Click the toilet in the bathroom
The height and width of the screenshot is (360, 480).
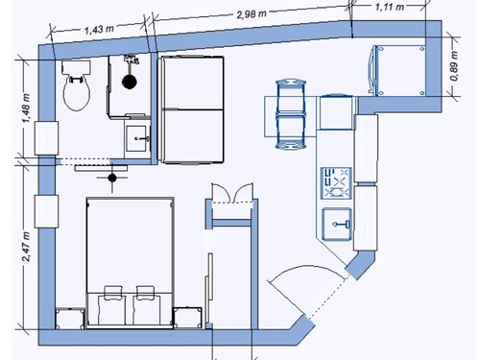click(76, 85)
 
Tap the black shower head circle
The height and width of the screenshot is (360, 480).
click(130, 82)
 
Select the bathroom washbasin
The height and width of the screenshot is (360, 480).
click(137, 139)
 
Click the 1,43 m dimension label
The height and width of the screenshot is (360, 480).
click(99, 30)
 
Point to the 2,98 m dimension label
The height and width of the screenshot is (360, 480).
click(252, 13)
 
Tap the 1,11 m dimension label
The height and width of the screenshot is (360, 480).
click(390, 7)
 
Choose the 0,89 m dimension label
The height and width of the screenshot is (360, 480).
click(454, 66)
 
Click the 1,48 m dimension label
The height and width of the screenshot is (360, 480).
click(26, 108)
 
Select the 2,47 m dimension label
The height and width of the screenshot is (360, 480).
click(26, 247)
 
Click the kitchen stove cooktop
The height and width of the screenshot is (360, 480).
click(336, 183)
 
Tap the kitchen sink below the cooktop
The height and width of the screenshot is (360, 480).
click(337, 224)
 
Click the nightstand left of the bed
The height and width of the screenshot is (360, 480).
click(70, 318)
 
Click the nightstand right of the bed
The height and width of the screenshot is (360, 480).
click(187, 318)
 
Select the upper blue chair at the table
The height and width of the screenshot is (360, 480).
click(291, 97)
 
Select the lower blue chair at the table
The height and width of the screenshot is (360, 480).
click(291, 132)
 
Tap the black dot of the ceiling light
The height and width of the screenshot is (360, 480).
click(112, 178)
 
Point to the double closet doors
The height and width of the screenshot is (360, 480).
click(232, 193)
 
